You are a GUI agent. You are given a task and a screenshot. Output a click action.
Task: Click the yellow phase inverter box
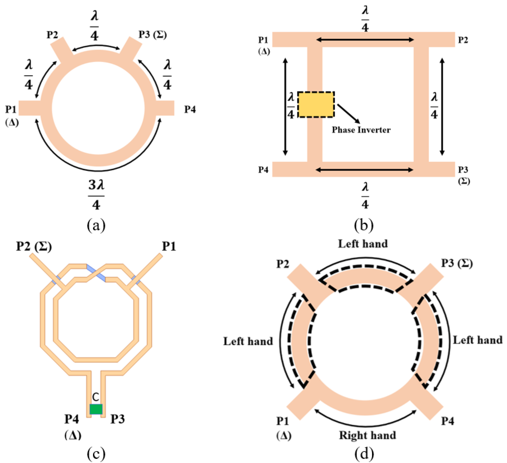coord(316,105)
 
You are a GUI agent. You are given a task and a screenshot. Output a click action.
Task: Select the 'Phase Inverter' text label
coord(361,130)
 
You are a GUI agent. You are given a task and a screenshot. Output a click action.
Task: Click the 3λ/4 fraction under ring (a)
coord(96,196)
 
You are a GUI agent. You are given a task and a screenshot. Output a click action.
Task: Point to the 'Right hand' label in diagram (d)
coord(367,435)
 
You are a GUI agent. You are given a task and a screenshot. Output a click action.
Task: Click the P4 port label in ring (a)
coord(190,110)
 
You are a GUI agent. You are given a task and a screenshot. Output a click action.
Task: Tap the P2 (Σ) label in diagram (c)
coord(34,246)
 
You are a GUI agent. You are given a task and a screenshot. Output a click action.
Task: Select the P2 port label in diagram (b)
coord(463,40)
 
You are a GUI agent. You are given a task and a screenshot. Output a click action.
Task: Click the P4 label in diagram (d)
coord(448,421)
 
